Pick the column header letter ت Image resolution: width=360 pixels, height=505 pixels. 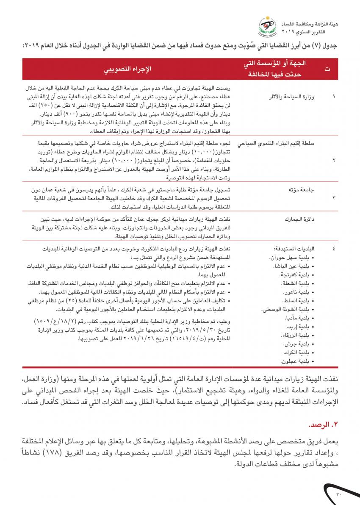(x=327, y=69)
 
